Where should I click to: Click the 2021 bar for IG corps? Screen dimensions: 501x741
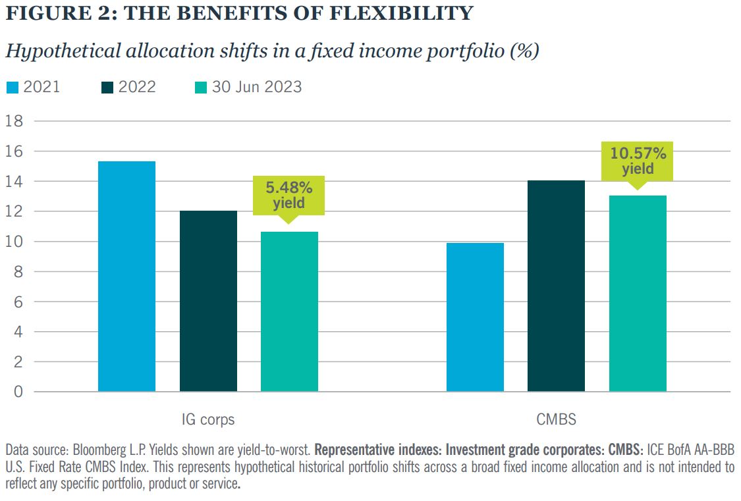pos(126,277)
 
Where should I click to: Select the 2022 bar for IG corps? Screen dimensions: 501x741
pos(208,302)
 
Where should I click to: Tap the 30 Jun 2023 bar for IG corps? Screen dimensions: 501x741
pos(289,312)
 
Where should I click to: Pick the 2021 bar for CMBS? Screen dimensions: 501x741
pos(475,317)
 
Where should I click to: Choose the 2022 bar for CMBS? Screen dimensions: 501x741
pos(556,286)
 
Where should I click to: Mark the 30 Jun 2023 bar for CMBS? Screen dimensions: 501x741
pos(638,294)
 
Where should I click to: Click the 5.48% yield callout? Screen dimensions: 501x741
pos(289,196)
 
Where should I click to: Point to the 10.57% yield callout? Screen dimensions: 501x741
pos(638,161)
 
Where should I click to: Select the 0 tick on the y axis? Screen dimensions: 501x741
pos(18,392)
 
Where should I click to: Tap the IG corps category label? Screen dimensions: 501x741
pos(207,419)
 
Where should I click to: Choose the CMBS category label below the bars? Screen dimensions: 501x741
pos(556,419)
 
